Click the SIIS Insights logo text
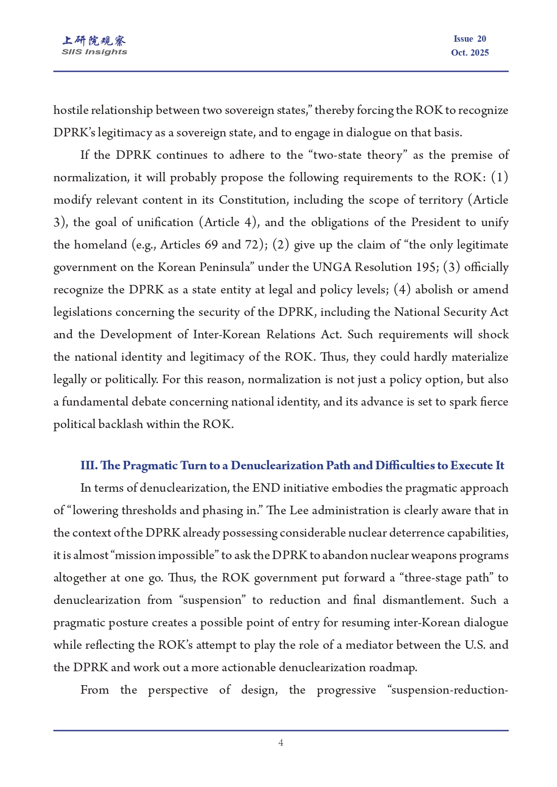[x=94, y=52]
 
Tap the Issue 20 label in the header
[x=469, y=39]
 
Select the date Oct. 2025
[x=469, y=52]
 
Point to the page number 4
[x=281, y=743]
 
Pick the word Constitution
[x=254, y=200]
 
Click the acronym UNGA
[x=332, y=267]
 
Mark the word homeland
[x=101, y=245]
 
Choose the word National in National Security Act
[x=417, y=312]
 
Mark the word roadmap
[x=392, y=667]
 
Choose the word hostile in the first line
[x=67, y=110]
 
